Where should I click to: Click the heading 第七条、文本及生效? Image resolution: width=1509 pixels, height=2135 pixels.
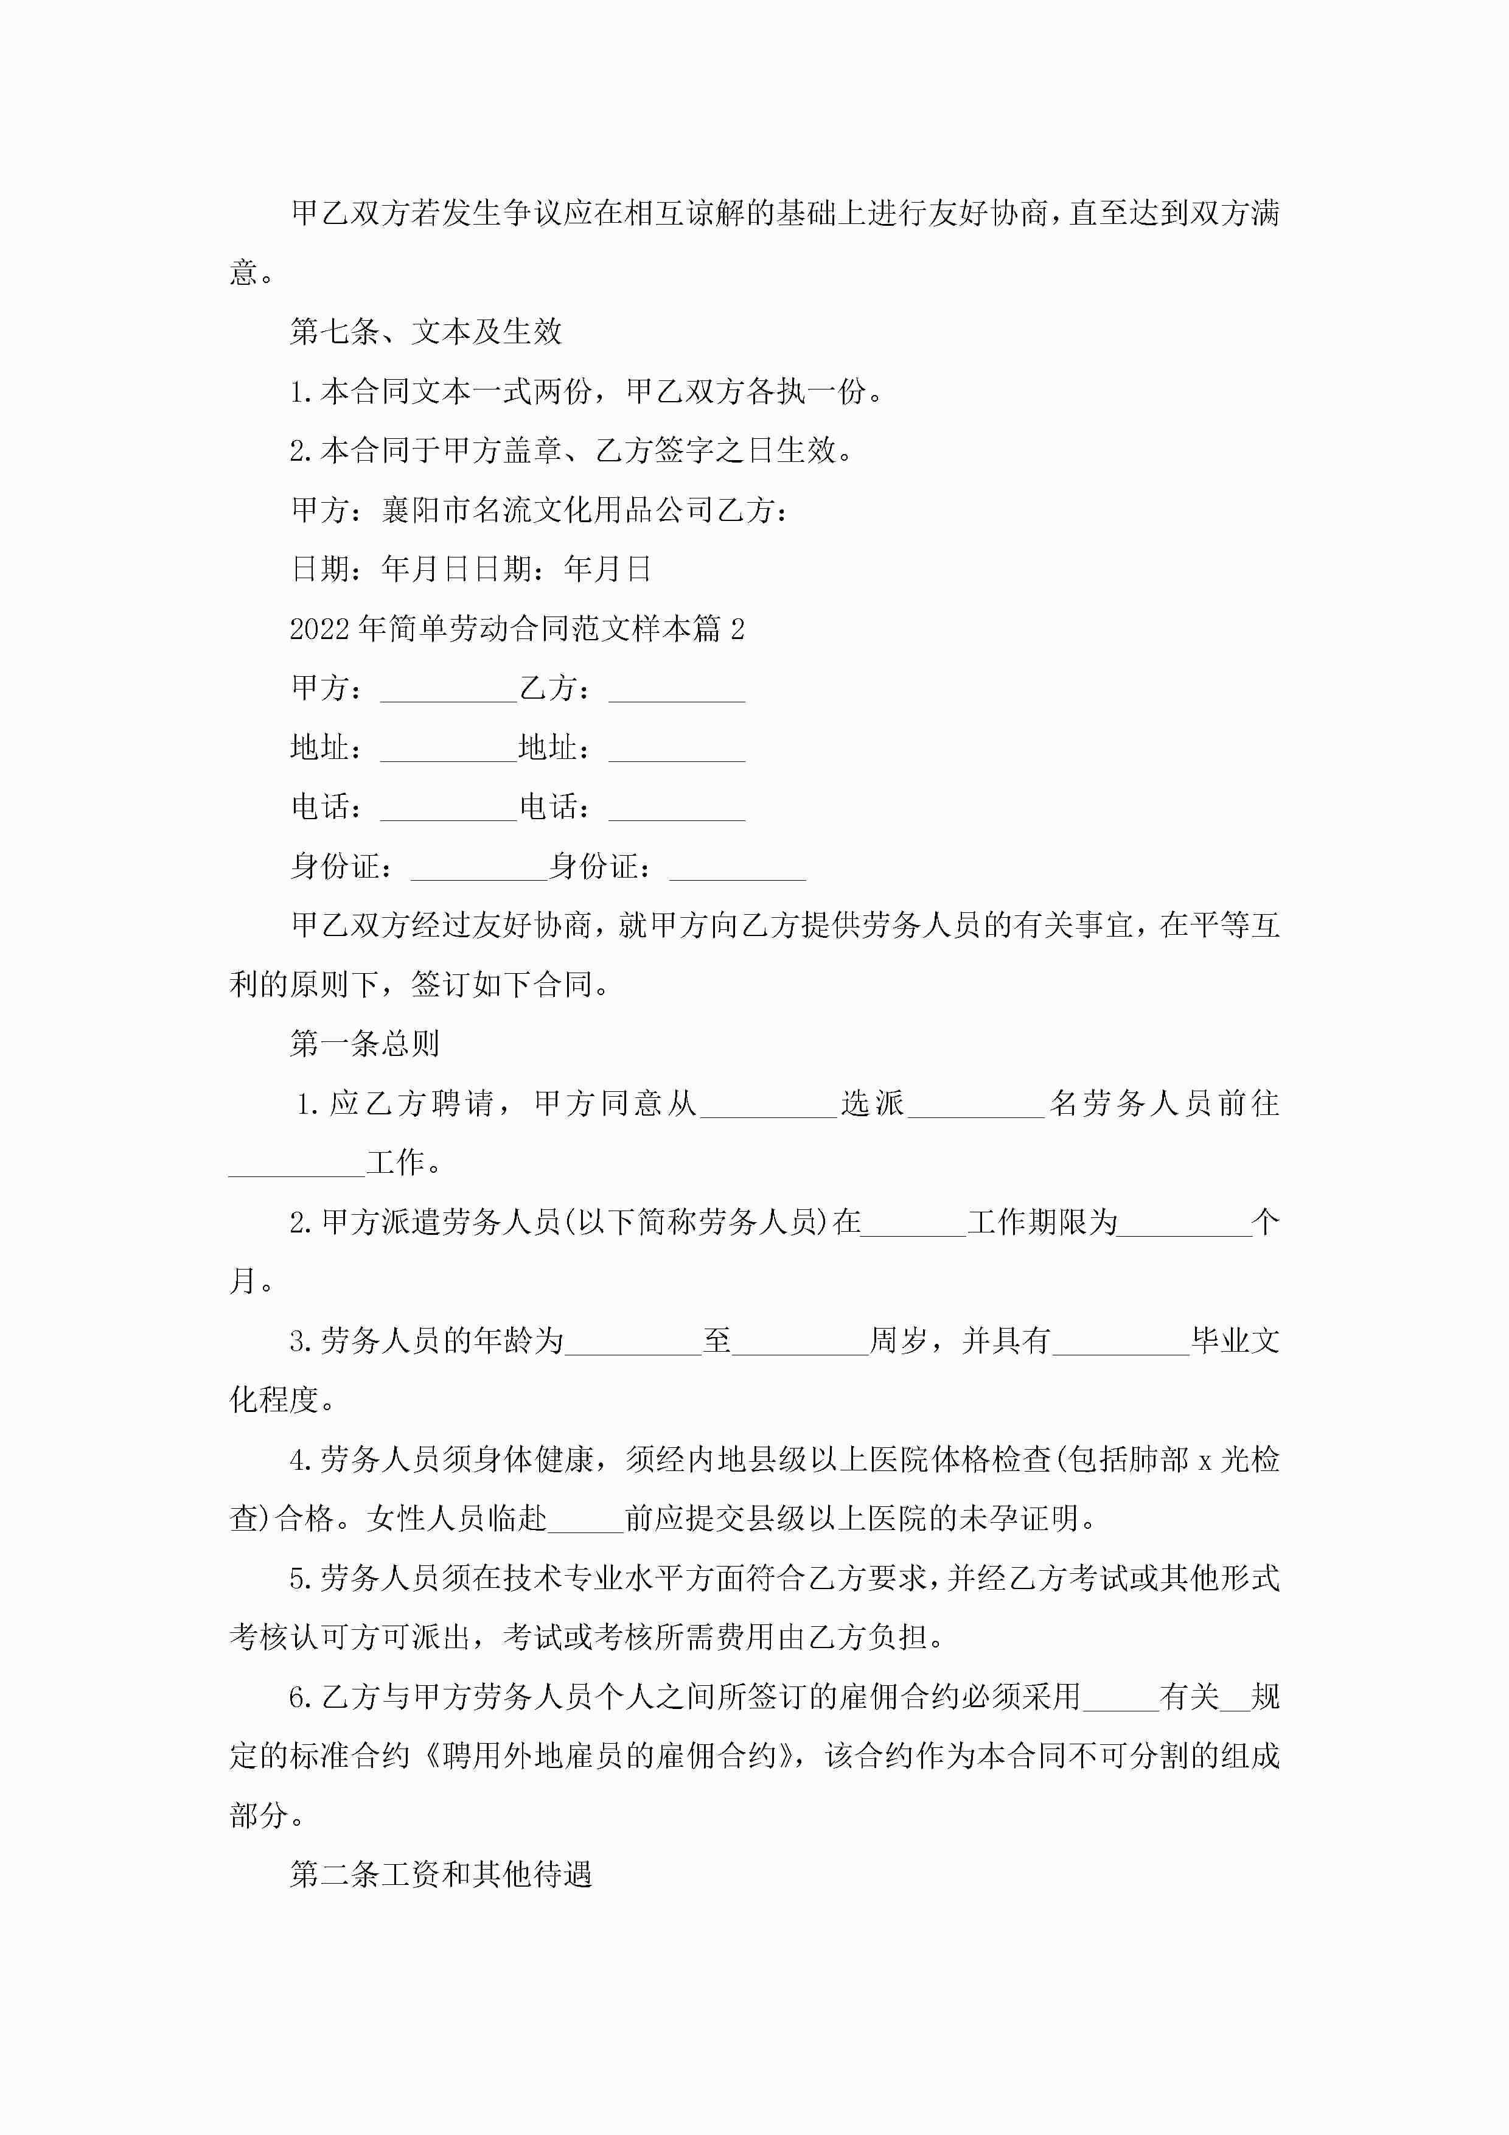coord(426,331)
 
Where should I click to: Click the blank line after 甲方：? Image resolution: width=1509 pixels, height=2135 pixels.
coord(448,690)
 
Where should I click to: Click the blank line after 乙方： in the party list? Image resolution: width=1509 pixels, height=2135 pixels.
coord(677,690)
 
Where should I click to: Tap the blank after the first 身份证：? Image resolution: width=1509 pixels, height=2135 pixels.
coord(479,868)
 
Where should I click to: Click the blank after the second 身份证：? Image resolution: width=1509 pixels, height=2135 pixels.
coord(737,868)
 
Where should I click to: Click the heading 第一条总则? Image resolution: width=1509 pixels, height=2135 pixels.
coord(364,1043)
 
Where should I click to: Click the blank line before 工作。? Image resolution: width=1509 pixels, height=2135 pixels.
coord(296,1163)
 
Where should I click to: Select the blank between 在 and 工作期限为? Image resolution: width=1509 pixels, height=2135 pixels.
coord(913,1223)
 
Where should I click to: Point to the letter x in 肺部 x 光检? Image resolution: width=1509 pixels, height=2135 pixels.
coord(1204,1461)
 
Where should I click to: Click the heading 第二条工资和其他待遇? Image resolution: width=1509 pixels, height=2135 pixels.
coord(441,1875)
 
